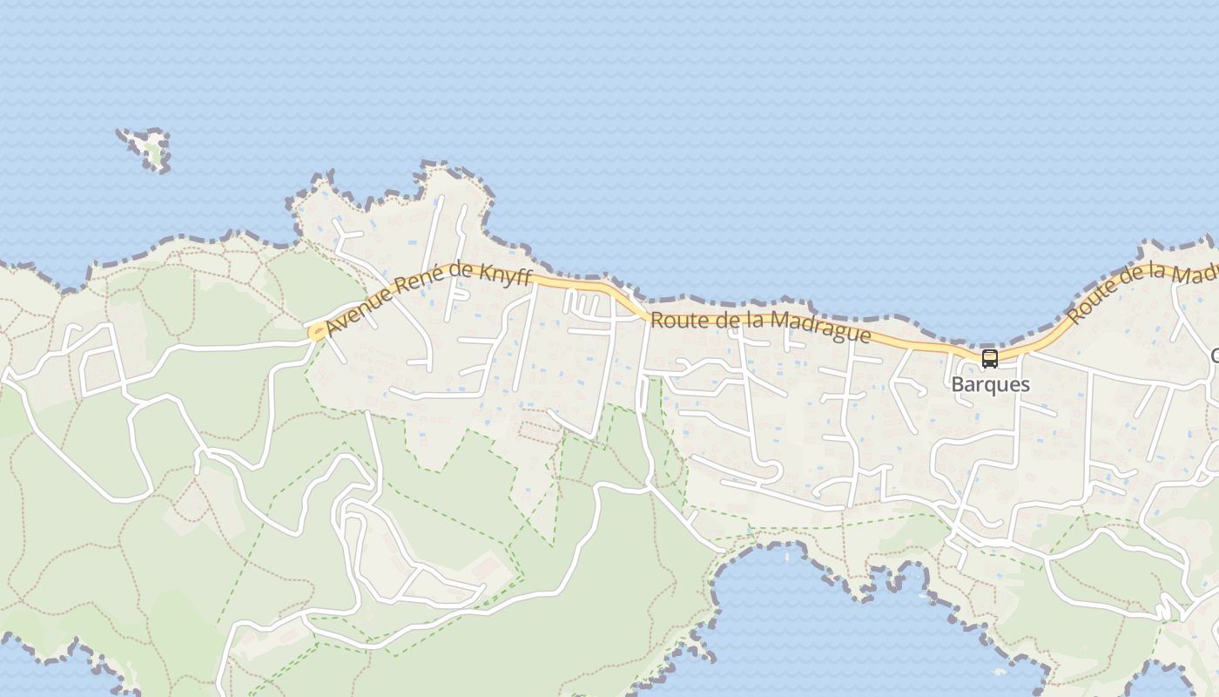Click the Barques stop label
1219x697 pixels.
click(x=990, y=384)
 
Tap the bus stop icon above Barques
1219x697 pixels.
click(x=990, y=358)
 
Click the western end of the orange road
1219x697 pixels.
click(x=313, y=332)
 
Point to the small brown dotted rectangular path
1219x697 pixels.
click(x=540, y=430)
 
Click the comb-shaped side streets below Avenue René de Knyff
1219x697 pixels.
click(x=585, y=304)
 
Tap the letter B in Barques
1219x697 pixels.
click(x=957, y=384)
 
